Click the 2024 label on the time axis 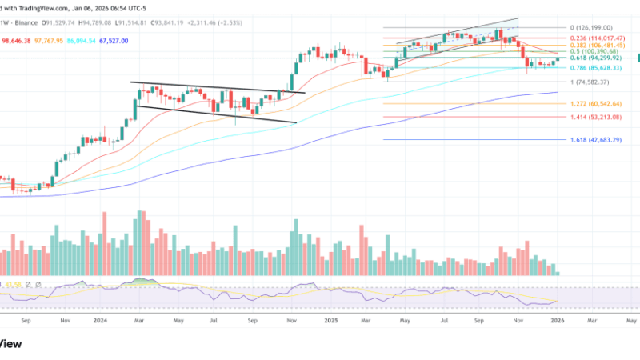coord(100,321)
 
